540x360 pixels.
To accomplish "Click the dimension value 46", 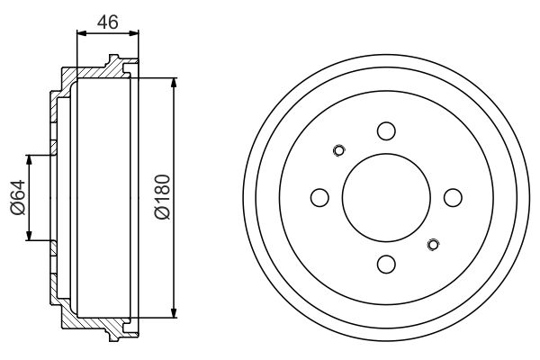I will [x=108, y=22].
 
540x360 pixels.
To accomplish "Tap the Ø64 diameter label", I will [x=18, y=198].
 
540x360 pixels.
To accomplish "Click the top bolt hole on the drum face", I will [x=386, y=131].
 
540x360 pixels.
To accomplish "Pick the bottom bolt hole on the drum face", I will [x=386, y=264].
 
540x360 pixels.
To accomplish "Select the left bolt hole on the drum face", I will [x=319, y=197].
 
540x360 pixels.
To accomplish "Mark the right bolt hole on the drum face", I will [x=453, y=197].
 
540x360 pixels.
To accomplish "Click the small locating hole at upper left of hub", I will [x=339, y=150].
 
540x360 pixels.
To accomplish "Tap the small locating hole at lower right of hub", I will [x=433, y=244].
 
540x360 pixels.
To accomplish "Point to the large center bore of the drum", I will [x=386, y=197].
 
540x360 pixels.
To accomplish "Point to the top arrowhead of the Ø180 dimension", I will [x=172, y=82].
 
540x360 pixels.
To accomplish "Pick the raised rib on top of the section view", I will [x=114, y=60].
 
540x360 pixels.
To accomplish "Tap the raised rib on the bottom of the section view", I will [x=114, y=334].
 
